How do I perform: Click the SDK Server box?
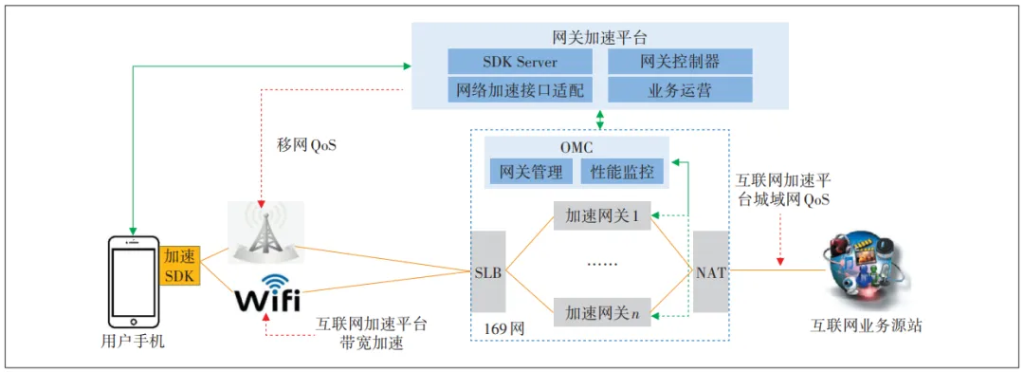tap(520, 62)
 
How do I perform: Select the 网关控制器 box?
tap(680, 62)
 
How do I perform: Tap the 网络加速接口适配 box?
tap(520, 90)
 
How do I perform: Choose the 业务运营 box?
tap(680, 90)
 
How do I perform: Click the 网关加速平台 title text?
tap(599, 38)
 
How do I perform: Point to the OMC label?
tap(576, 148)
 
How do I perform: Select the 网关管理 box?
tap(531, 172)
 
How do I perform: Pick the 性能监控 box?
tap(623, 172)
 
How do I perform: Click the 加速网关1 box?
tap(602, 216)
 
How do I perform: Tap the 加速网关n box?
tap(602, 310)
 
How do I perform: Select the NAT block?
tap(710, 271)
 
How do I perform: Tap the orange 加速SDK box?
tap(180, 266)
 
